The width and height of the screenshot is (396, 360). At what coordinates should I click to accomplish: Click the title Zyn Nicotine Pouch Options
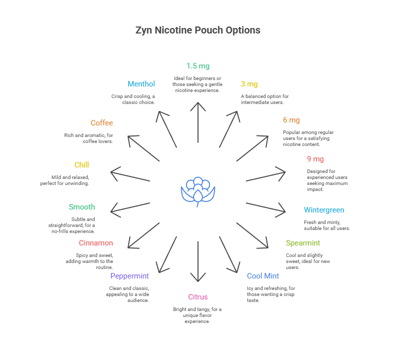click(198, 30)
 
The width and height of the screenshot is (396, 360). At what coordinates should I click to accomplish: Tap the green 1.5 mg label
click(198, 66)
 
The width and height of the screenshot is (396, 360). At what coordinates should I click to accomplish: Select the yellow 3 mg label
click(249, 84)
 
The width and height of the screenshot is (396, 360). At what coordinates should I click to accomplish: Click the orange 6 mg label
click(291, 120)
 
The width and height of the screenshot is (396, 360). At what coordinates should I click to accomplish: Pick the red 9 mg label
click(315, 159)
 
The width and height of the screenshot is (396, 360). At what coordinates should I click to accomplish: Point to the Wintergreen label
click(323, 210)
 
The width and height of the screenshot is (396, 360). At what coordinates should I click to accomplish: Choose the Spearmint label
click(303, 243)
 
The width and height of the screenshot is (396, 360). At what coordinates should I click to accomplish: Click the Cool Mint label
click(262, 276)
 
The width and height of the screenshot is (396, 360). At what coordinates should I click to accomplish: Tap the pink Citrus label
click(198, 297)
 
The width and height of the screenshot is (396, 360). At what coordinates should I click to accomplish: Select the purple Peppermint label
click(129, 276)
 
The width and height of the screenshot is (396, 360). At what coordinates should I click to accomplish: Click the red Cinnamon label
click(95, 243)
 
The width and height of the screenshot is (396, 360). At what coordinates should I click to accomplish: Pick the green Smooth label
click(81, 207)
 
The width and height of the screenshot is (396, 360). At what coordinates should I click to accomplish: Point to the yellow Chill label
click(81, 165)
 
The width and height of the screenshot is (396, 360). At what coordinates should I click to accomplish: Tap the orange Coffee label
click(102, 123)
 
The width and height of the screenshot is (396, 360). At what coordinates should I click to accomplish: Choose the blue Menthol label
click(141, 84)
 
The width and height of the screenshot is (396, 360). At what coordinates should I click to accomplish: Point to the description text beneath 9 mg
click(327, 180)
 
